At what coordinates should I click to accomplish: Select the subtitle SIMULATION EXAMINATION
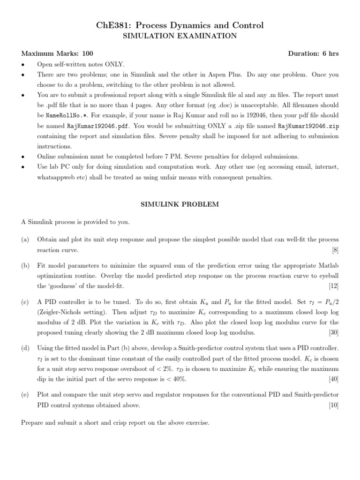coord(180,36)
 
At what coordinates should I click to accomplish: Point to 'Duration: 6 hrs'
coord(313,54)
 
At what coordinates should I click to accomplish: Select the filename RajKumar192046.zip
coord(308,126)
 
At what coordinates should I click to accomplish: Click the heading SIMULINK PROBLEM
coord(180,204)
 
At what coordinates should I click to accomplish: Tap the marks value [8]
coord(335,250)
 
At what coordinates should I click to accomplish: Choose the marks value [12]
coord(333,285)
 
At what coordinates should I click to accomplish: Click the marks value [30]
coord(333,332)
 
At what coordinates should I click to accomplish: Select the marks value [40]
coord(333,378)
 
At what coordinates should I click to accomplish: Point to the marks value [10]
coord(333,405)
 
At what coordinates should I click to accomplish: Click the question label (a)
coord(25,240)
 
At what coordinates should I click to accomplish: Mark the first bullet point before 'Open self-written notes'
coord(22,64)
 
